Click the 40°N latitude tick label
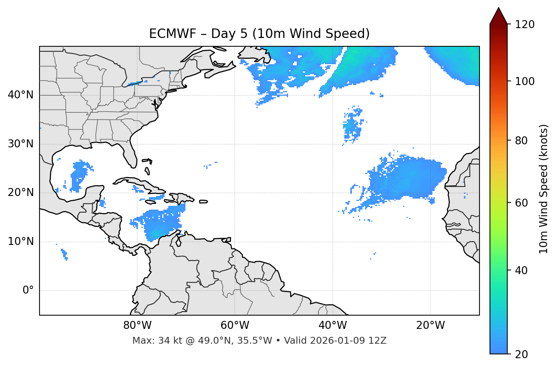(x=21, y=95)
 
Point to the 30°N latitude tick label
(x=21, y=144)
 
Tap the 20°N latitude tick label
(x=21, y=193)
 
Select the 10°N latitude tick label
(x=21, y=242)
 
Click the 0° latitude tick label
(x=28, y=291)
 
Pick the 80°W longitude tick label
(x=137, y=325)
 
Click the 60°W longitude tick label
(x=235, y=325)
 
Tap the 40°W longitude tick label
(x=332, y=325)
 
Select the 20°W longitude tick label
(x=430, y=325)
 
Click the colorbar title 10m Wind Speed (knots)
(x=544, y=189)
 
